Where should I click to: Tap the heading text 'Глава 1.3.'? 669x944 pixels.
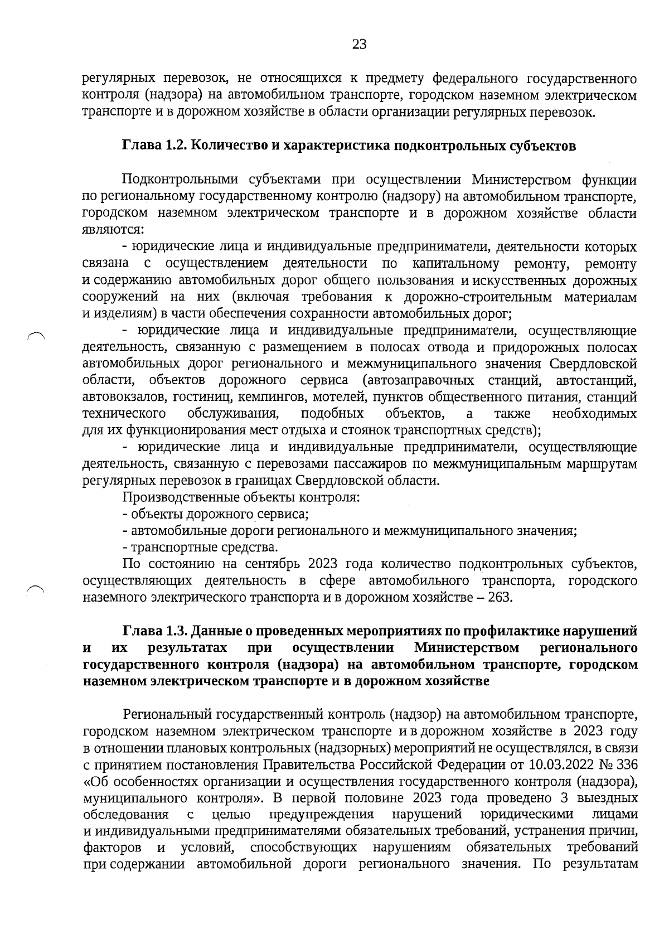pyautogui.click(x=149, y=631)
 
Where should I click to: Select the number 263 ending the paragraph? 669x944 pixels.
pyautogui.click(x=500, y=598)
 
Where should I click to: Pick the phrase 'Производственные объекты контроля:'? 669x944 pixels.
pyautogui.click(x=241, y=497)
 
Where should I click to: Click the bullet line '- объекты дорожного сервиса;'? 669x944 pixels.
pyautogui.click(x=216, y=514)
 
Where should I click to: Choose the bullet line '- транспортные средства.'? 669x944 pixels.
pyautogui.click(x=200, y=548)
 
